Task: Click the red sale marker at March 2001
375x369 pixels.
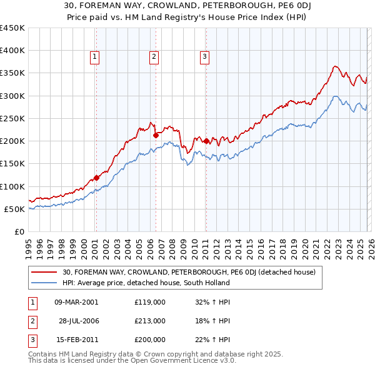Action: point(96,178)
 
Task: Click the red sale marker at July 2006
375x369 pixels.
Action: point(156,135)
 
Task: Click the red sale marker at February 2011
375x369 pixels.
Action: point(206,141)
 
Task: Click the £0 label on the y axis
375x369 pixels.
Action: point(19,231)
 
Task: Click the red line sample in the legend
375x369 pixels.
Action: point(44,272)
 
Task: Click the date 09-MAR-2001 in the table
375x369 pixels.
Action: point(76,301)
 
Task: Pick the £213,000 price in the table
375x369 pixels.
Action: point(149,321)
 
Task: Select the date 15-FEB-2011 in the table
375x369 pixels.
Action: point(76,340)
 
